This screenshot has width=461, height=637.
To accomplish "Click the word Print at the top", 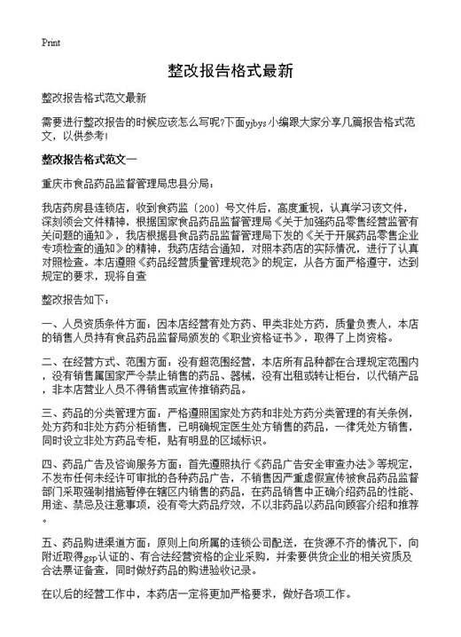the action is tap(50, 42).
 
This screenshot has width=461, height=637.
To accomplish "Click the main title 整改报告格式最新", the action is tap(230, 70).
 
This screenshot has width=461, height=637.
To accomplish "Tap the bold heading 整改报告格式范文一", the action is tap(103, 160).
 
